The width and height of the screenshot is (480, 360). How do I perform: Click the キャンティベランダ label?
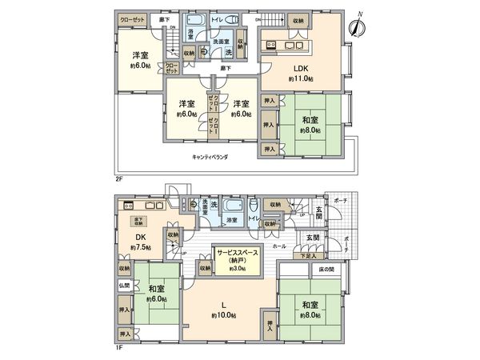tap(210, 158)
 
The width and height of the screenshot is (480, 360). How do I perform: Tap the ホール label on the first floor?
tap(280, 247)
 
